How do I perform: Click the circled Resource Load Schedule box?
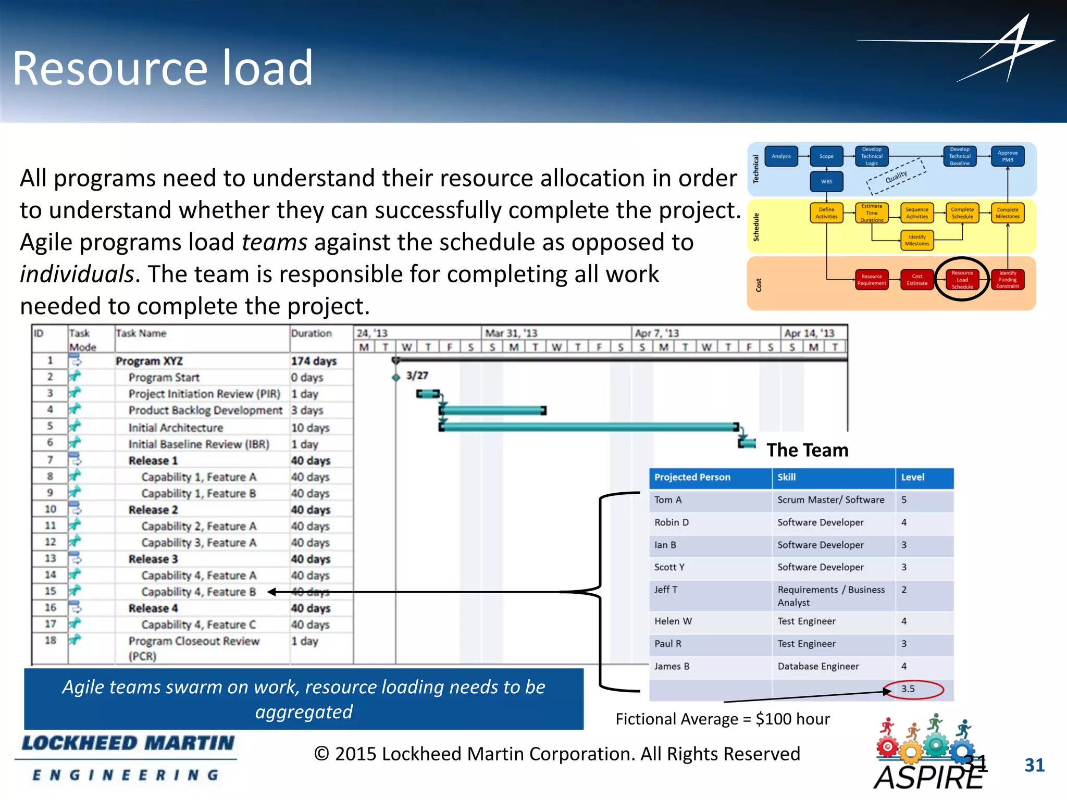(962, 280)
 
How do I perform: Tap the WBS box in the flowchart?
(826, 182)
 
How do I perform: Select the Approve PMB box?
(1007, 156)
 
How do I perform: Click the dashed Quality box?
(896, 177)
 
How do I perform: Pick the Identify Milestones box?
(916, 240)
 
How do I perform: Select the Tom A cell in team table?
(668, 500)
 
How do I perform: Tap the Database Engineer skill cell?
(818, 666)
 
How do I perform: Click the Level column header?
(913, 477)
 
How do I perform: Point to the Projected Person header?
(692, 477)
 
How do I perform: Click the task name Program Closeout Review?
(194, 642)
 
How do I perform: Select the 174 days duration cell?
(314, 361)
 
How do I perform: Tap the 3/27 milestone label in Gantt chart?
(417, 376)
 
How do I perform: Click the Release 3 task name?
(153, 559)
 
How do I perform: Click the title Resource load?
(163, 68)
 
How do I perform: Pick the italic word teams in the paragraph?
(275, 243)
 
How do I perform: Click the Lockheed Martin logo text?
(128, 743)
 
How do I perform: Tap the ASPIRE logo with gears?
(927, 754)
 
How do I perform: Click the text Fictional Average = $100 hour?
(722, 719)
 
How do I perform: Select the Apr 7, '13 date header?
(657, 333)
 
